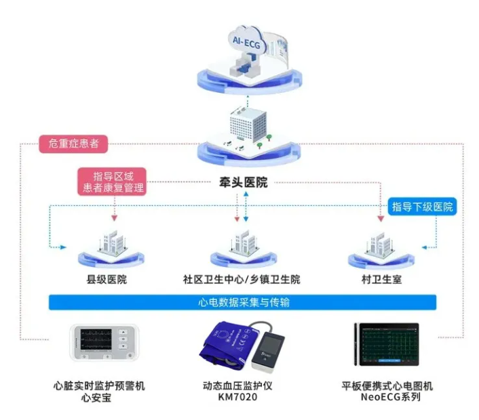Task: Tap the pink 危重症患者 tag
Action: coord(74,144)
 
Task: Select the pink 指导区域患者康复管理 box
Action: coord(113,181)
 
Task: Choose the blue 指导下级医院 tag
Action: coord(421,207)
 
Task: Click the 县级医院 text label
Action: coord(107,279)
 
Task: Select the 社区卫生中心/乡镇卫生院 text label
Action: coord(242,279)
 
